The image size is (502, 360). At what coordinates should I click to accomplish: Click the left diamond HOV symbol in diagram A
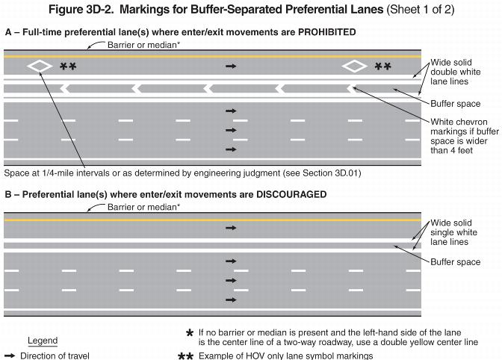pyautogui.click(x=40, y=66)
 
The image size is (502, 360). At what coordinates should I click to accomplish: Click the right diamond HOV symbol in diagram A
pyautogui.click(x=355, y=66)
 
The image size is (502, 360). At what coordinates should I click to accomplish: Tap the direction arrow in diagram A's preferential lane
pyautogui.click(x=231, y=66)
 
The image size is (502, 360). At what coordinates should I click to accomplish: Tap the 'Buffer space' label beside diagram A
pyautogui.click(x=456, y=104)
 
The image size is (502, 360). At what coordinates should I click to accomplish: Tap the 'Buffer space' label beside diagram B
pyautogui.click(x=456, y=262)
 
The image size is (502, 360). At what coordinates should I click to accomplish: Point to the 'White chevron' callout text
pyautogui.click(x=458, y=122)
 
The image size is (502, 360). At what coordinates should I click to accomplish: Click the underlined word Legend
pyautogui.click(x=43, y=341)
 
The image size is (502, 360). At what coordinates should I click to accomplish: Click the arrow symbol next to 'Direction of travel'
pyautogui.click(x=10, y=356)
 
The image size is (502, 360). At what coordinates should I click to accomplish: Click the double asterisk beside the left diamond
pyautogui.click(x=68, y=67)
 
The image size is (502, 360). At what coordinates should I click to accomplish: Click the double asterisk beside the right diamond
pyautogui.click(x=383, y=67)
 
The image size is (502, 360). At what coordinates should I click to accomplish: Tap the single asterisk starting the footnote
pyautogui.click(x=190, y=333)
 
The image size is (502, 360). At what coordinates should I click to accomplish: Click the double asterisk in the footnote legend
pyautogui.click(x=186, y=356)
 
